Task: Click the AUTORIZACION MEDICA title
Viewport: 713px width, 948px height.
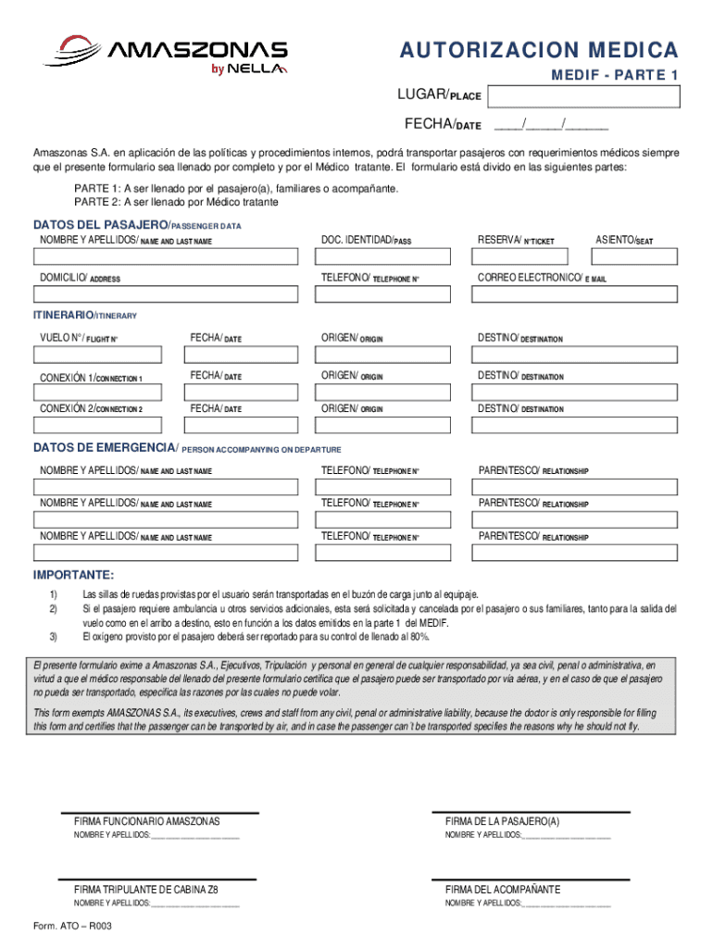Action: point(539,50)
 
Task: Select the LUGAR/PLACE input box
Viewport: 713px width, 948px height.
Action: point(583,97)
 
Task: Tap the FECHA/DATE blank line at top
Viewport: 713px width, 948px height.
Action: point(551,125)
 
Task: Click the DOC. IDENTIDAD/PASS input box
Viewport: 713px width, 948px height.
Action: point(387,258)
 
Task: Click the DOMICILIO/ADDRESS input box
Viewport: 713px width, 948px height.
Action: point(166,294)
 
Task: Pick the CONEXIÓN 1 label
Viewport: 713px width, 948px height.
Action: point(91,378)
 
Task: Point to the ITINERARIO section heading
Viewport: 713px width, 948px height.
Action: point(85,316)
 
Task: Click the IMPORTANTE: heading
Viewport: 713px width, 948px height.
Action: point(74,575)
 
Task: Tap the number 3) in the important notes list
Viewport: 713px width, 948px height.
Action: point(54,637)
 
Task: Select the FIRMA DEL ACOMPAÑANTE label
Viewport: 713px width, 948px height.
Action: point(502,890)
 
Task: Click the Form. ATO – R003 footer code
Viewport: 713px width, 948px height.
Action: point(72,926)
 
